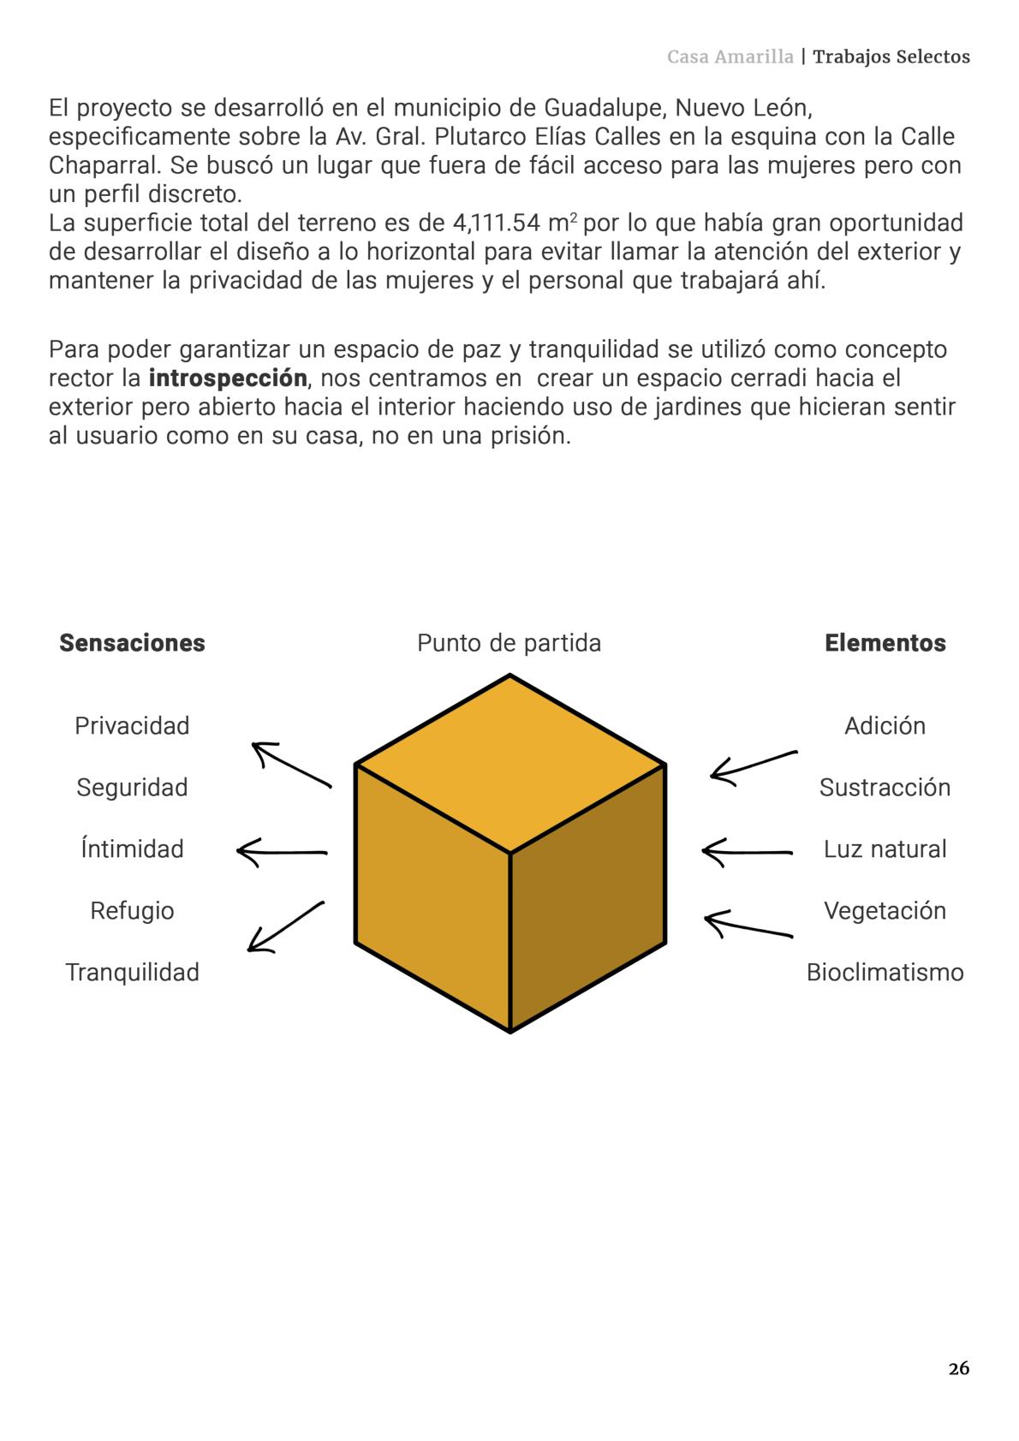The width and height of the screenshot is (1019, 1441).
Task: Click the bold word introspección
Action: coord(228,378)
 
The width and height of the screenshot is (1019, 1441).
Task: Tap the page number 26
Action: coord(959,1368)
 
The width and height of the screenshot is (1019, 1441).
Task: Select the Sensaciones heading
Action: coord(132,643)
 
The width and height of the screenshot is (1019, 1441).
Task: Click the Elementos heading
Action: coord(885,643)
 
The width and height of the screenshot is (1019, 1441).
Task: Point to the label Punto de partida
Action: coord(509,643)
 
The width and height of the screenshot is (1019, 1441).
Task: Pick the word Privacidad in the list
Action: coord(132,726)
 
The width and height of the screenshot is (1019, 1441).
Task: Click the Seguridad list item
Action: coord(132,788)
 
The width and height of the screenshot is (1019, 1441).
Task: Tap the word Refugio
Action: coord(132,911)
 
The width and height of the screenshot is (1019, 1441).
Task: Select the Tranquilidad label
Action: coord(132,973)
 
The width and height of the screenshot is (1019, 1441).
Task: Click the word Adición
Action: coord(885,726)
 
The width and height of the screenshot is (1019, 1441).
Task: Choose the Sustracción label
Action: coord(885,788)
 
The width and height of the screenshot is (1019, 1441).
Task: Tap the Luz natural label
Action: coord(885,849)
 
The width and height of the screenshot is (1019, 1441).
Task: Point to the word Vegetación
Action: coord(885,911)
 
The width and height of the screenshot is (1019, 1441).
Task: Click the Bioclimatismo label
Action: coord(885,973)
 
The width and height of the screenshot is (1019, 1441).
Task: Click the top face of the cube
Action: coord(510,762)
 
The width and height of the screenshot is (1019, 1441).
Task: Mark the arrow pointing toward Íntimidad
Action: coord(282,853)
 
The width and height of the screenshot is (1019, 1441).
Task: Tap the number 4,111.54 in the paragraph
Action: coord(496,223)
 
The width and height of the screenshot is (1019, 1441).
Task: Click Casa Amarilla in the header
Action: coord(730,57)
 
